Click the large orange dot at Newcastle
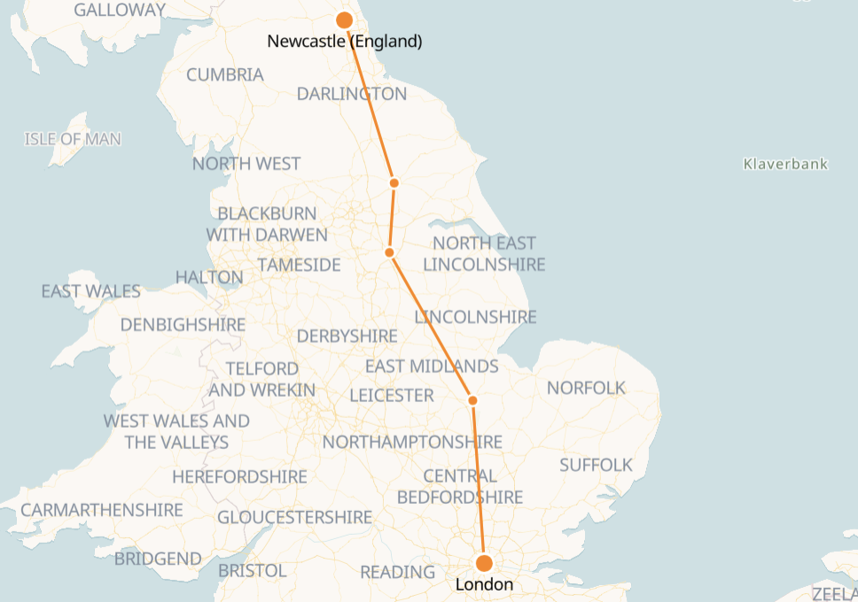coord(345,20)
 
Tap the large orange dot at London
coord(484,563)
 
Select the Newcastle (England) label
coord(345,42)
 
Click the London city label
coord(484,585)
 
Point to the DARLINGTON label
coord(351,94)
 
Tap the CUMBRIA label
coord(225,74)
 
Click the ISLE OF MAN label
coord(73,139)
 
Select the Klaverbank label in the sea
coord(785,164)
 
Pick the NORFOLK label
coord(586,388)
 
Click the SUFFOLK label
coord(596,465)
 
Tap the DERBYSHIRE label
coord(347,336)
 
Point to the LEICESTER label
coord(392,395)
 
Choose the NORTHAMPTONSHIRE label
coord(412,442)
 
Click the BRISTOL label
coord(252,570)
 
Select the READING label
coord(397,573)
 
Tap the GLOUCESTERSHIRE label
coord(294,517)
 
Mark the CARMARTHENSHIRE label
coord(102,510)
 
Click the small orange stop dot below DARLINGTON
coord(394,183)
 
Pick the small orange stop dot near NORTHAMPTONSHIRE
coord(472,401)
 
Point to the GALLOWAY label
coord(120,10)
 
